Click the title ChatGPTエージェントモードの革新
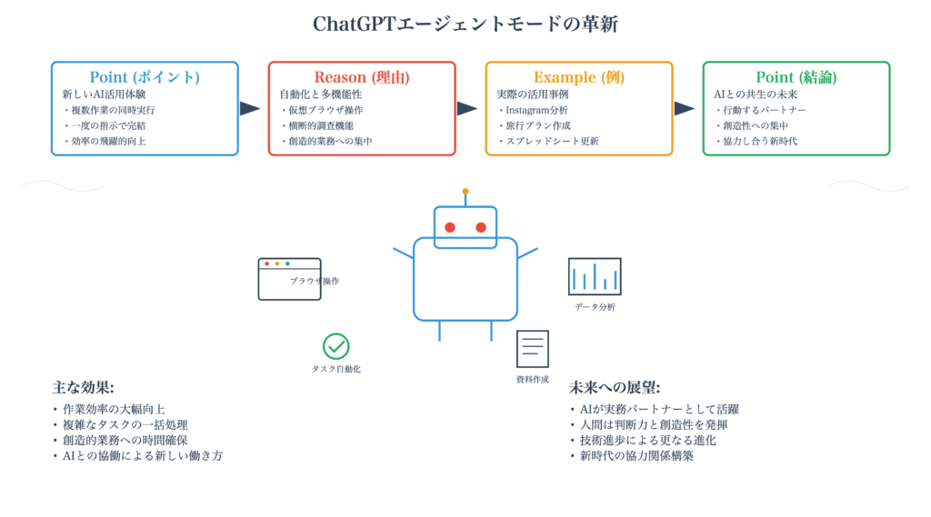465,24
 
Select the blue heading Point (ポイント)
145,77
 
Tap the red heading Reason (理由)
362,77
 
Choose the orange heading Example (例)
579,77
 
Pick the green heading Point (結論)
796,77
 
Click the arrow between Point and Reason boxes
250,109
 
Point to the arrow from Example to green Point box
685,109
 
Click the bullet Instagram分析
534,111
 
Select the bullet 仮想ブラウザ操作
322,111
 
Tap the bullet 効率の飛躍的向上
105,141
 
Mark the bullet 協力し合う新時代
756,141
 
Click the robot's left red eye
450,227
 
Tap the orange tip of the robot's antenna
465,191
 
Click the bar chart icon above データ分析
595,276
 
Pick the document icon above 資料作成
533,349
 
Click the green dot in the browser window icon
287,263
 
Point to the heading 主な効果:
83,388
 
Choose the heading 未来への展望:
615,388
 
